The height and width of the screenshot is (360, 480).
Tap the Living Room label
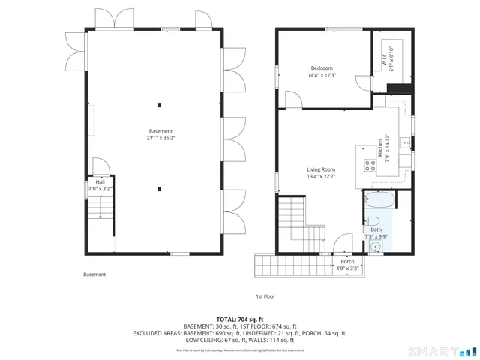[321, 173]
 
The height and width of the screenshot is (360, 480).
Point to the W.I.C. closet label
[384, 54]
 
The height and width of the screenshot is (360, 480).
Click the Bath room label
[376, 233]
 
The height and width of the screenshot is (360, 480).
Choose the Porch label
[347, 264]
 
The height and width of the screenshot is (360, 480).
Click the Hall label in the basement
[100, 185]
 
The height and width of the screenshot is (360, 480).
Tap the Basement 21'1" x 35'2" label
[160, 135]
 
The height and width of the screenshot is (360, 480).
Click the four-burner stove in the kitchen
[370, 166]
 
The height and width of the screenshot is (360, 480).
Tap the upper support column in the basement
[159, 104]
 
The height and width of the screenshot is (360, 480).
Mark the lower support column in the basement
[159, 189]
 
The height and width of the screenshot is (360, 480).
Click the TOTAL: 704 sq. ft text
[239, 318]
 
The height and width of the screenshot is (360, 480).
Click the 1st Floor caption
[265, 296]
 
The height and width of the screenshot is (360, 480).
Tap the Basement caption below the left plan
[94, 274]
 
